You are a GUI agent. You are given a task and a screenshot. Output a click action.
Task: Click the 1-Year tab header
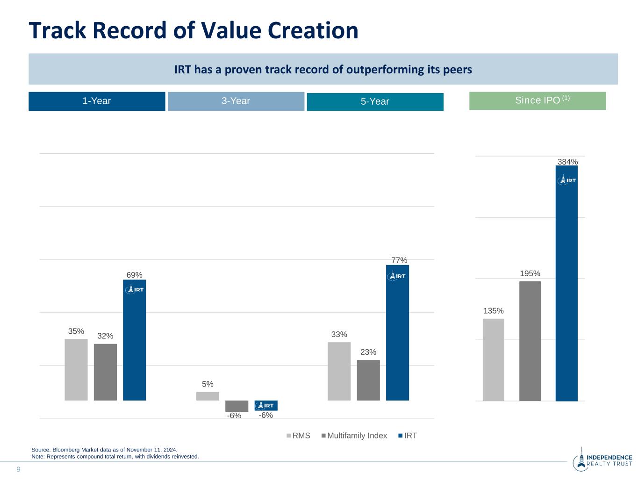[97, 101]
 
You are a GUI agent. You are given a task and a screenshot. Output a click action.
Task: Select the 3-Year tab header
[236, 101]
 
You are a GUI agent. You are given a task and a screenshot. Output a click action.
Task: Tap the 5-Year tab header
[375, 101]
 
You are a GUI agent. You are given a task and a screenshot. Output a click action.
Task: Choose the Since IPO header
[538, 100]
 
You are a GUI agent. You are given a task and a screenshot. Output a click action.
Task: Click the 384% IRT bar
[566, 290]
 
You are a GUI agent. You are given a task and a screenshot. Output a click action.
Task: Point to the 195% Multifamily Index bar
[530, 341]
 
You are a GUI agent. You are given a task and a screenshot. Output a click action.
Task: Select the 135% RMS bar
[494, 359]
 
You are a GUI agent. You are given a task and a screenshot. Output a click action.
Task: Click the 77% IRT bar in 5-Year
[397, 337]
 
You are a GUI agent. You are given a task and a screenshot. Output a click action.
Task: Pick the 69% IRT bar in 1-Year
[134, 344]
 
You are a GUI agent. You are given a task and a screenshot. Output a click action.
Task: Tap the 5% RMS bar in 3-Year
[208, 396]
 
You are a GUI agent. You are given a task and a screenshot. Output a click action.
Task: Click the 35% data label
[76, 331]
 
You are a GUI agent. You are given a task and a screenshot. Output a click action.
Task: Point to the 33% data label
[339, 335]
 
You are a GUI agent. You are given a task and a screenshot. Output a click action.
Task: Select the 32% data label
[105, 336]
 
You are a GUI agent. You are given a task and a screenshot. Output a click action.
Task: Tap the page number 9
[19, 469]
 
